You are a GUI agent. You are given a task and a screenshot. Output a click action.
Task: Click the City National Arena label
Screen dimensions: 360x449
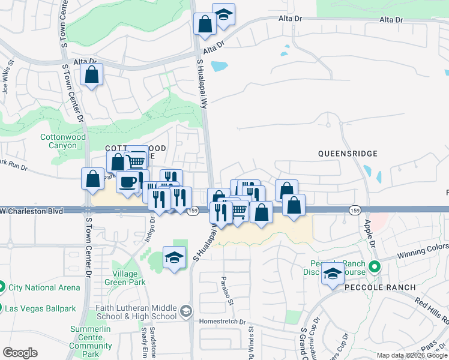click(x=44, y=287)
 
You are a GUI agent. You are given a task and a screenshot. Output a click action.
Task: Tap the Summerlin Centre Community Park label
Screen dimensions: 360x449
click(x=91, y=338)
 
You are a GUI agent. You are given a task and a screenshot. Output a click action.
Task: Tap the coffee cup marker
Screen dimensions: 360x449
click(x=127, y=182)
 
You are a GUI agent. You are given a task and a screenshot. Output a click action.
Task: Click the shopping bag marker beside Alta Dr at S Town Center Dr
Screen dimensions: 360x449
click(x=92, y=76)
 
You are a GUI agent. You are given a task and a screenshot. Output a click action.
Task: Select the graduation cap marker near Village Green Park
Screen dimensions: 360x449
click(x=175, y=258)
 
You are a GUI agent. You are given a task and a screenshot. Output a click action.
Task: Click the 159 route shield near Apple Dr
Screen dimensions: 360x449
click(x=355, y=210)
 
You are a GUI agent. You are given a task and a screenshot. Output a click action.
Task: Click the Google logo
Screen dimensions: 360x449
click(x=20, y=353)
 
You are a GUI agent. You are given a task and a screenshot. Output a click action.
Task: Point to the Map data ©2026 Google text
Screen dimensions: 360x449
click(x=412, y=355)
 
